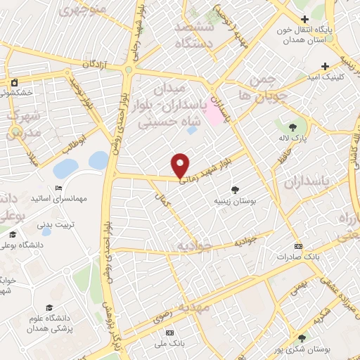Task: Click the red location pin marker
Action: (181, 165)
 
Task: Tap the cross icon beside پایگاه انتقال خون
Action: (304, 19)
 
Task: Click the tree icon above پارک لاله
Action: (292, 127)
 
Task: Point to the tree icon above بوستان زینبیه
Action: (235, 189)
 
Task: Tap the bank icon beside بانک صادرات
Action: (299, 246)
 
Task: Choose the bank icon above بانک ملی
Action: (169, 331)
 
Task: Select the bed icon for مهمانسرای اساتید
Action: (58, 188)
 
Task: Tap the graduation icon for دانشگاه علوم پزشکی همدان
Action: (49, 307)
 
